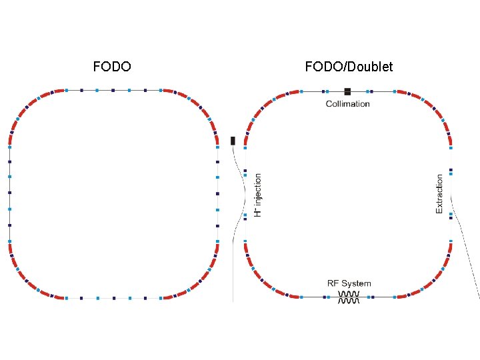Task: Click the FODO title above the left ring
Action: click(112, 67)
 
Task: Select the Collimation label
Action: click(347, 103)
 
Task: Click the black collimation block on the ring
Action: click(347, 91)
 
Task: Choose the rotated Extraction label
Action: click(439, 194)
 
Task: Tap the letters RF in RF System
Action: click(333, 283)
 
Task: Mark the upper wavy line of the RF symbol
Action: click(349, 293)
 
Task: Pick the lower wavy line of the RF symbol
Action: click(349, 301)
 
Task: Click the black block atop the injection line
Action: click(233, 141)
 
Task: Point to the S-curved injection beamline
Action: click(238, 193)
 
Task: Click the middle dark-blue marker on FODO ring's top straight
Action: click(113, 89)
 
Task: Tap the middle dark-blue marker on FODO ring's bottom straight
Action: click(113, 297)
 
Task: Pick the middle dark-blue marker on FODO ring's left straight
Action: click(9, 193)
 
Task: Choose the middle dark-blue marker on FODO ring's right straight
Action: click(218, 193)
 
